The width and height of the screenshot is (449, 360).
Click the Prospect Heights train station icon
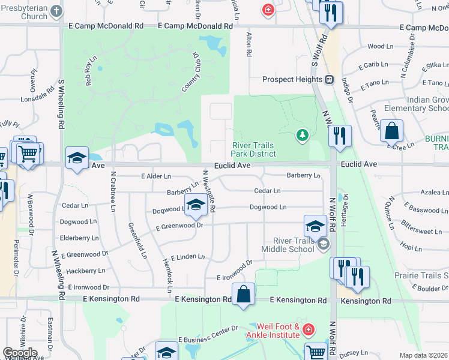(329, 80)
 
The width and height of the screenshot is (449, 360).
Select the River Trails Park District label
(254, 149)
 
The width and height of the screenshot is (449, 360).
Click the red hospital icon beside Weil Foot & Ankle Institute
(308, 330)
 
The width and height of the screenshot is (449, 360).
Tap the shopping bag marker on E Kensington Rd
(243, 294)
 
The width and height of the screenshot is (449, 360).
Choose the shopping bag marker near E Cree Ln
(391, 131)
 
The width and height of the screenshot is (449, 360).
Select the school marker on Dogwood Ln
(195, 205)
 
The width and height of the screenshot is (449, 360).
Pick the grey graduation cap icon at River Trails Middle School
(324, 243)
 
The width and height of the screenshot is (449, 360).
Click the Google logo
(20, 352)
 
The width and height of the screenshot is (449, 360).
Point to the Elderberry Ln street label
(79, 238)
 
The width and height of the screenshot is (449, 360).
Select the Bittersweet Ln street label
(420, 231)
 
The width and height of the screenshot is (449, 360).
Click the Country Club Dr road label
(190, 72)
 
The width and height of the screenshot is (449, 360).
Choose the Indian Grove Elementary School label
(414, 103)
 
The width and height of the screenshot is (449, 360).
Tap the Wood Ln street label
(379, 46)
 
